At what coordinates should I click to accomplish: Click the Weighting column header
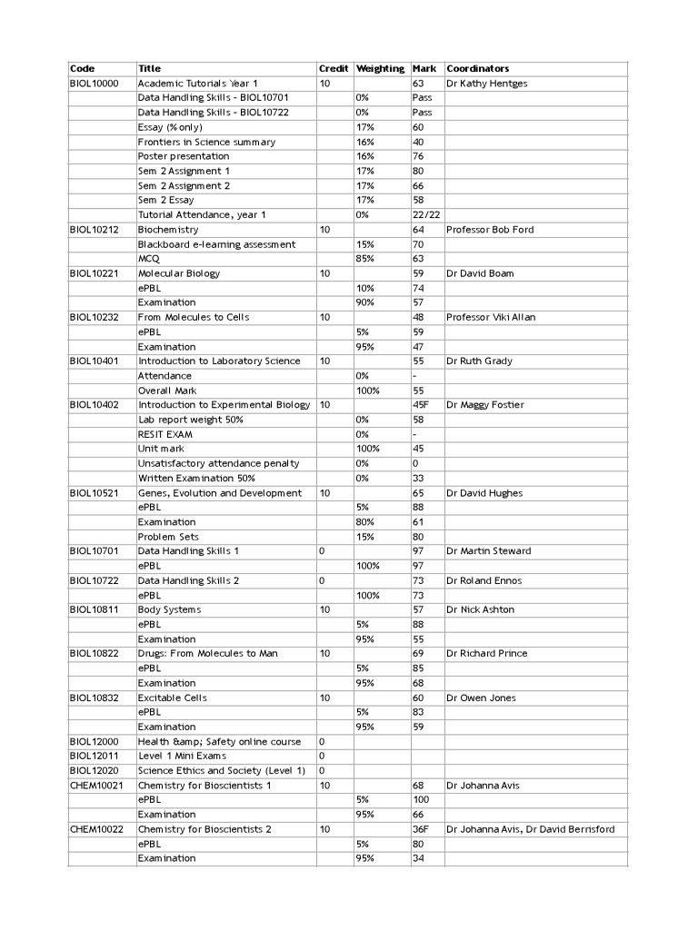click(380, 69)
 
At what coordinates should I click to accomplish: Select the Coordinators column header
click(478, 69)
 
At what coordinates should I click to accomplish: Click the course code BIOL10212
click(94, 230)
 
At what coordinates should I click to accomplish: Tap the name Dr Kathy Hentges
click(487, 84)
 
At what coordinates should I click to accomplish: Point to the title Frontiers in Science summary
click(206, 142)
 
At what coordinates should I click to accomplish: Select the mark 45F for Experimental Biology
click(421, 405)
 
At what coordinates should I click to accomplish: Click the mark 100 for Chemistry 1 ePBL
click(421, 800)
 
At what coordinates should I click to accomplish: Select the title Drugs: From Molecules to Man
click(208, 654)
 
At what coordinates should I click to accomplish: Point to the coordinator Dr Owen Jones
click(481, 697)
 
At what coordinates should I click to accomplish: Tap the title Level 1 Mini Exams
click(183, 756)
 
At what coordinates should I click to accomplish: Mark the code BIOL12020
click(94, 770)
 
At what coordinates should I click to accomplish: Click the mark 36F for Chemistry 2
click(421, 829)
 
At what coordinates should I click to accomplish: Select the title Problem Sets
click(168, 537)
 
